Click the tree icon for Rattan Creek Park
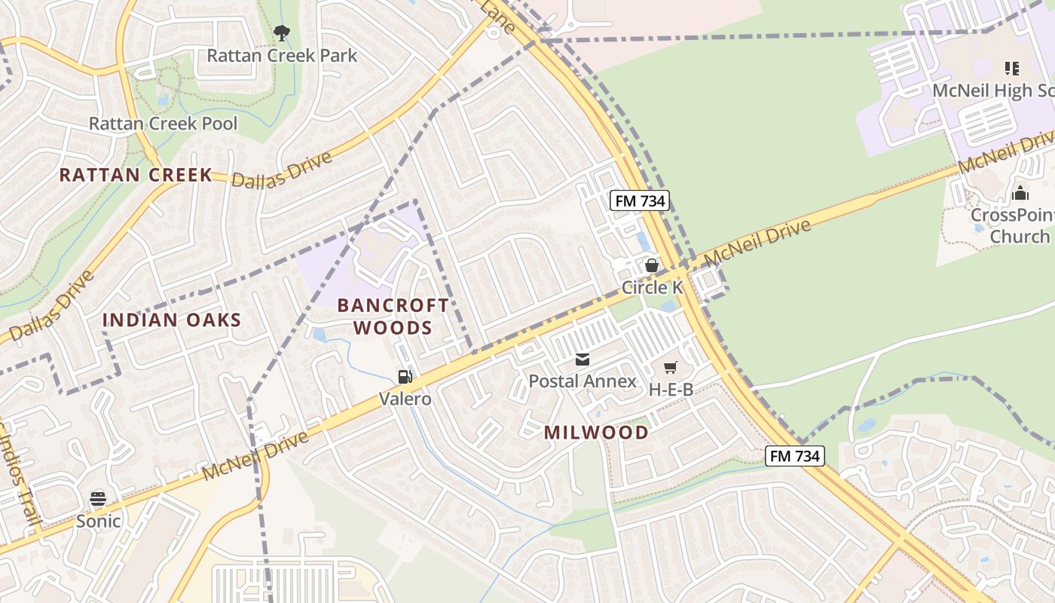(x=281, y=32)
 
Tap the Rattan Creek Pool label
(x=163, y=124)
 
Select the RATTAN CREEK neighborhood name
(x=136, y=175)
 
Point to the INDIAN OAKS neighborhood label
(x=172, y=320)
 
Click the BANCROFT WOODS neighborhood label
(x=393, y=317)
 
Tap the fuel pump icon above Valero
(x=405, y=376)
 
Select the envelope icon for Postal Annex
(x=582, y=360)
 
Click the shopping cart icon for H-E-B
(x=670, y=368)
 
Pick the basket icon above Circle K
(x=652, y=265)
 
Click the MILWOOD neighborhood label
(x=596, y=432)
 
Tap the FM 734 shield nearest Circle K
(x=639, y=200)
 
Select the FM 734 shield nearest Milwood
(x=795, y=455)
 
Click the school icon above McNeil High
(x=1011, y=69)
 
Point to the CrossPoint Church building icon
(x=1020, y=193)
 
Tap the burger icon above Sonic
(x=98, y=499)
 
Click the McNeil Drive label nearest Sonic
(x=255, y=456)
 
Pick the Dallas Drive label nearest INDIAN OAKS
(x=52, y=305)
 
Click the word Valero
(x=405, y=399)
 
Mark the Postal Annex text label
(x=583, y=381)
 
